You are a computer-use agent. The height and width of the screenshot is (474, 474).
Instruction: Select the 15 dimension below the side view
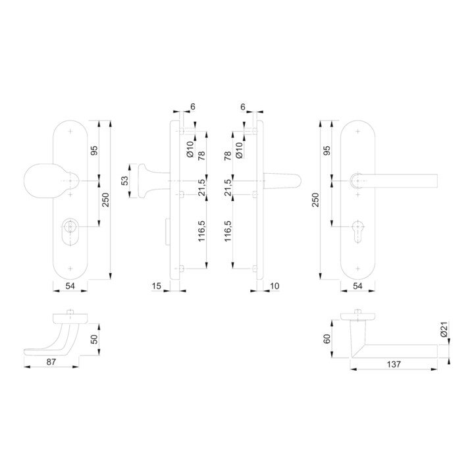[x=156, y=286]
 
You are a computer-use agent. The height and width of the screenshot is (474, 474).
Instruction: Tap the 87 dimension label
[x=51, y=363]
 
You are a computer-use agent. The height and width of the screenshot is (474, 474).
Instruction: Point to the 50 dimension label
[x=94, y=340]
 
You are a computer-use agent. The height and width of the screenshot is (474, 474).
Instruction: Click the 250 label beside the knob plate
[x=105, y=199]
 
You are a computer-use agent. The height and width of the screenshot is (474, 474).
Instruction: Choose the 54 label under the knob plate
[x=70, y=286]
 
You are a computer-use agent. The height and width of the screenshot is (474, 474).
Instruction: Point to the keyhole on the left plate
[x=70, y=234]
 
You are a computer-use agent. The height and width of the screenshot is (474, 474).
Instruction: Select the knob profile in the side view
[x=148, y=181]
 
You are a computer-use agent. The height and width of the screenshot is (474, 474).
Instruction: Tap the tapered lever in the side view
[x=280, y=181]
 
